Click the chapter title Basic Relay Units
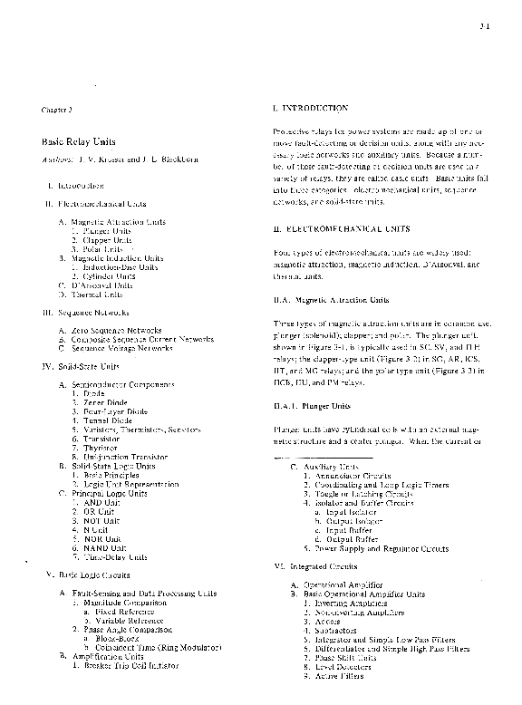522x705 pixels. tap(73, 143)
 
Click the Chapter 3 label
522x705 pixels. tap(56, 110)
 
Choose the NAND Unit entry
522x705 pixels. tap(102, 548)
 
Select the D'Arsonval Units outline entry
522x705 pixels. tap(101, 285)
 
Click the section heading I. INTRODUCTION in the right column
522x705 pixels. tap(310, 108)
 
